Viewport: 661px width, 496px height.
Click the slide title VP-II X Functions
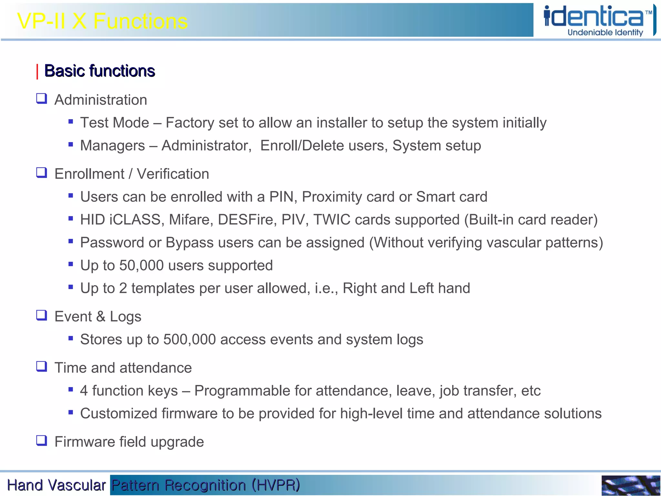click(102, 21)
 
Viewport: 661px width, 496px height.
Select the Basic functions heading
click(99, 71)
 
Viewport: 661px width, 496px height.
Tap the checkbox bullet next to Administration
click(42, 98)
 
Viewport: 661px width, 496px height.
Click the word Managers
click(112, 146)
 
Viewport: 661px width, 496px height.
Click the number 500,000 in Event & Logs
click(189, 339)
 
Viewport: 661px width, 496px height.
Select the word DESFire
click(247, 220)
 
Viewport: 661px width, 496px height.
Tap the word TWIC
click(332, 220)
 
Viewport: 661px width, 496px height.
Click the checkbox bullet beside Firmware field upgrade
click(42, 440)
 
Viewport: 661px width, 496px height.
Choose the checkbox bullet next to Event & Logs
click(42, 315)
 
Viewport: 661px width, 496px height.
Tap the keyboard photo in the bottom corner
click(630, 485)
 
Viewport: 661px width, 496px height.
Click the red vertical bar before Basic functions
click(37, 71)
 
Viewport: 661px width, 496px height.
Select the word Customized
click(118, 414)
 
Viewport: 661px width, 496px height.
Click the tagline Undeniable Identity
click(605, 33)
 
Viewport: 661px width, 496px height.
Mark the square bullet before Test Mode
click(71, 122)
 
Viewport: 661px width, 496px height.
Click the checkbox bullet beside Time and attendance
click(42, 367)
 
